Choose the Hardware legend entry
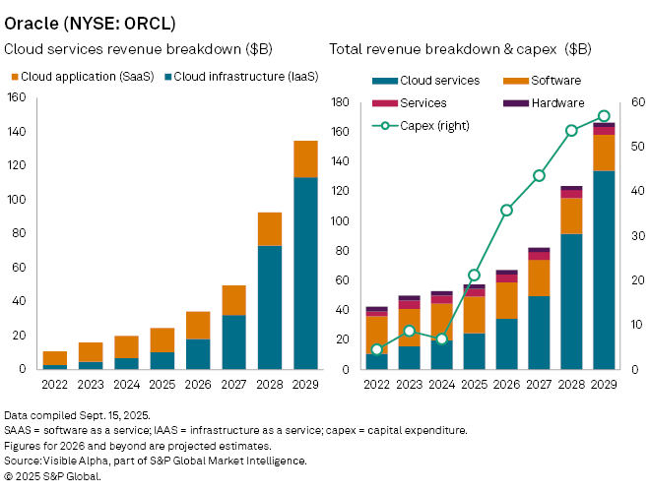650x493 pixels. [x=556, y=102]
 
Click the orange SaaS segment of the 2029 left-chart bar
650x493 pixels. [x=278, y=158]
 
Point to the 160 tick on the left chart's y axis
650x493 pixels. [x=16, y=97]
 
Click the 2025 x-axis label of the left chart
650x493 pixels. [x=162, y=384]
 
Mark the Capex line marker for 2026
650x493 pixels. [x=506, y=210]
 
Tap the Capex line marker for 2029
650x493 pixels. [x=604, y=116]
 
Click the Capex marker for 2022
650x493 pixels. [x=377, y=349]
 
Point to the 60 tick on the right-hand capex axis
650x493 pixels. [x=636, y=102]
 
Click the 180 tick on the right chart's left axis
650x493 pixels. [x=342, y=102]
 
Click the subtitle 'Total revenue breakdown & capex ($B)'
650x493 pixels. [x=460, y=48]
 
